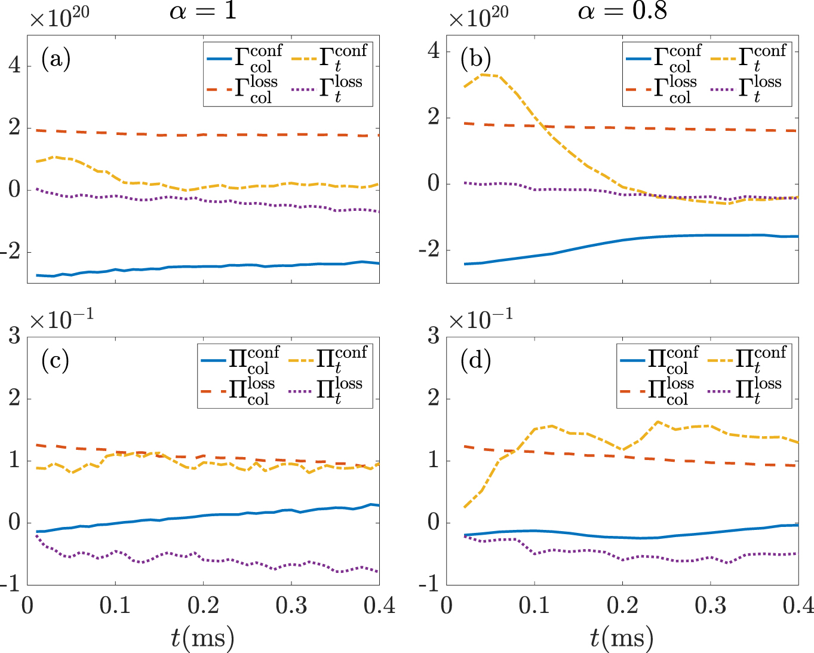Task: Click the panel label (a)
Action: (x=56, y=59)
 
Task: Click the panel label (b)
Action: (x=475, y=59)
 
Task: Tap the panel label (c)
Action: (x=55, y=361)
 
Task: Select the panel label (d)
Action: (x=475, y=361)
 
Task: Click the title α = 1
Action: (x=204, y=11)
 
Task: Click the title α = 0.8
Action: (x=622, y=11)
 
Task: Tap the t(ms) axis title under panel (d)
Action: (x=622, y=638)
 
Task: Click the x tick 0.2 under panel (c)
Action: (x=203, y=605)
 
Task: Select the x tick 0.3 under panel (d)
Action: (x=710, y=605)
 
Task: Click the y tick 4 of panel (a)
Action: (x=14, y=65)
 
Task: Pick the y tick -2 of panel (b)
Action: (x=429, y=250)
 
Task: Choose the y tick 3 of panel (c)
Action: (x=14, y=336)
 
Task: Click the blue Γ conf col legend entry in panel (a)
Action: (x=245, y=59)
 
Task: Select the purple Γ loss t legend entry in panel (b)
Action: (x=747, y=90)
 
